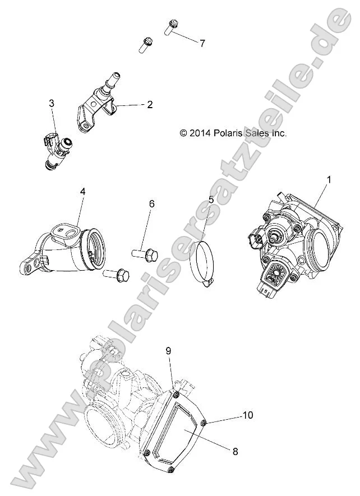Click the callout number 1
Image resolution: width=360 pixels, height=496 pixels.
click(x=329, y=180)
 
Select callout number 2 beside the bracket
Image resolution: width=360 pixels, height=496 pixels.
click(x=150, y=105)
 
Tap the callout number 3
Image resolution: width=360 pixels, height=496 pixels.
click(x=52, y=103)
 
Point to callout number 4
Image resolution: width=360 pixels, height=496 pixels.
click(x=82, y=192)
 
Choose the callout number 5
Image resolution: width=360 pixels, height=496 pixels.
click(x=211, y=199)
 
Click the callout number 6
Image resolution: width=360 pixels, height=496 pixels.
click(x=151, y=204)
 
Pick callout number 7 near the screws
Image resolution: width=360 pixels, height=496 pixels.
click(x=202, y=43)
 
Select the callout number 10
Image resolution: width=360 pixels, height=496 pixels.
click(x=247, y=415)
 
